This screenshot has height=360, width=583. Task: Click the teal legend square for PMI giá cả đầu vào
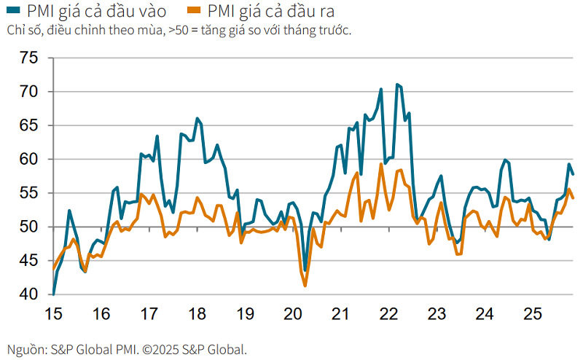point(12,12)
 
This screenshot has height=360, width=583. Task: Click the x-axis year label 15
point(53,314)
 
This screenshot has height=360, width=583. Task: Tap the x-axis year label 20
point(293,314)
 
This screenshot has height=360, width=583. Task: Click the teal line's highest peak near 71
point(396,85)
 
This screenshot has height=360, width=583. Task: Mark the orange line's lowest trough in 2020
point(305,286)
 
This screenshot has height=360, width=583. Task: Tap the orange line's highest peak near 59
point(381,164)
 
